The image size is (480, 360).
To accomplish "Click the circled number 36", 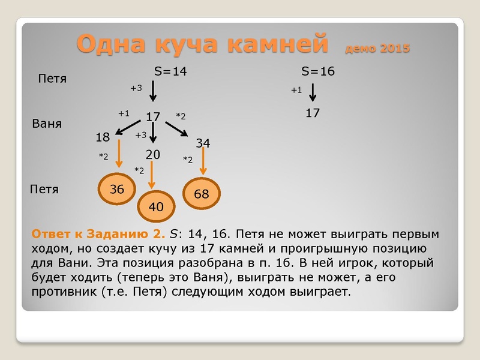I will coord(117,189).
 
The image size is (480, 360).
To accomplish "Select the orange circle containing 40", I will coord(156,207).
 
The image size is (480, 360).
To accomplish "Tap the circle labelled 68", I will coord(202,194).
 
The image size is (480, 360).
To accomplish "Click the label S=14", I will coord(171,71).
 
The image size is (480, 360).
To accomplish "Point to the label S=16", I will coord(318,71).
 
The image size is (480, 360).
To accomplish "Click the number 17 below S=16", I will coord(313,113).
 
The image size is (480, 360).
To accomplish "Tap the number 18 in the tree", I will coord(103,137).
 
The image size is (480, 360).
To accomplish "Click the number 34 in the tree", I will coord(203,143).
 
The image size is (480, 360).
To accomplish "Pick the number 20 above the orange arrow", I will coord(153,154).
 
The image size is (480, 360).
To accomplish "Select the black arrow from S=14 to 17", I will coord(153,91).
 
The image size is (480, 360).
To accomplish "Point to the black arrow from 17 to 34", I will coord(177,128).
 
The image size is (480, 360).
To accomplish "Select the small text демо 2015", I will coord(377,48).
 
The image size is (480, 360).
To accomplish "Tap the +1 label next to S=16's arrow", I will coord(296,90).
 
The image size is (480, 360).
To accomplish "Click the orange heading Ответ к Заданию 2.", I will coord(97,233).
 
